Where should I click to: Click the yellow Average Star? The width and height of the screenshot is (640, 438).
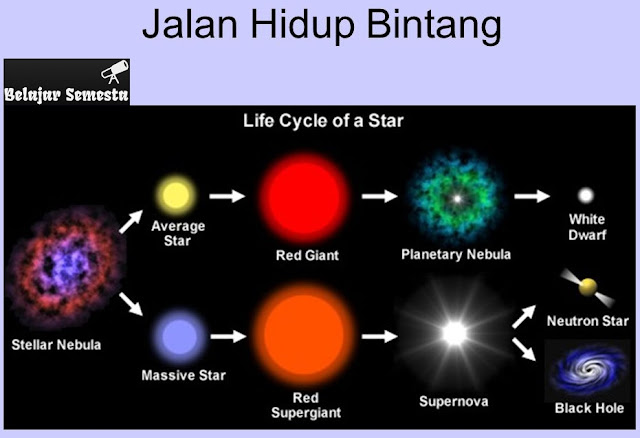coord(171,193)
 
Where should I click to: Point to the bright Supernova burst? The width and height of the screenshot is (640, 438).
coord(455,333)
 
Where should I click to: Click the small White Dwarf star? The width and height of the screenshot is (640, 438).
coord(586,195)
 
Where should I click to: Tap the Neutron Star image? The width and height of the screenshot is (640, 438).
coord(588,287)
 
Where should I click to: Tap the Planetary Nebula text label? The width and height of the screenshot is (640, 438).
coord(455,254)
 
